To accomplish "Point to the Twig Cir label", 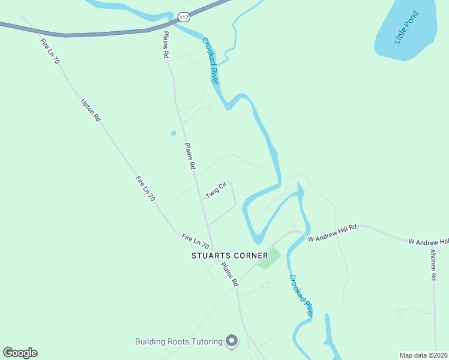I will pos(214,191).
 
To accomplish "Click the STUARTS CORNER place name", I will pos(230,256).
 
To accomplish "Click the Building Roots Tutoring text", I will pos(178,342).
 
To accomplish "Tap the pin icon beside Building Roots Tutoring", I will pos(232,341).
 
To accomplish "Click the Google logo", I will pos(20,353).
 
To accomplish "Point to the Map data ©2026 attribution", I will pos(423,355).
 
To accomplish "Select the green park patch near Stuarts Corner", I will pos(270,259).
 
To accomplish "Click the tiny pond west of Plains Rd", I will pos(173,133).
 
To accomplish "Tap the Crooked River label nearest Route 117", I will pos(209,61).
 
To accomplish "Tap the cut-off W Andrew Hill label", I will pos(428,241).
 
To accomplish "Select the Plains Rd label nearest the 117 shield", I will pos(166,44).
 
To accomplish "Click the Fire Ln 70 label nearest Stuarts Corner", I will pos(195,242).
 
